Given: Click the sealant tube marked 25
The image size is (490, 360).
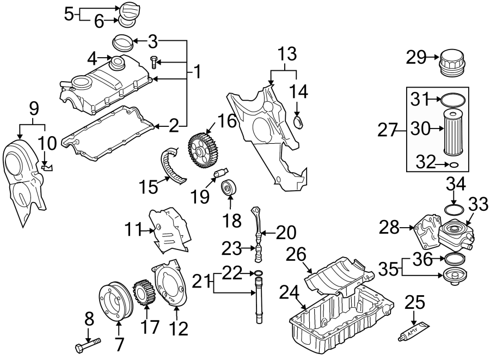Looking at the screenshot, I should pos(412,332).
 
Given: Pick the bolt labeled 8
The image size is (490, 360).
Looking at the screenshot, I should pos(88,345).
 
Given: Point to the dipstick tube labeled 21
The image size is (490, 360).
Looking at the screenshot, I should pos(257,302).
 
